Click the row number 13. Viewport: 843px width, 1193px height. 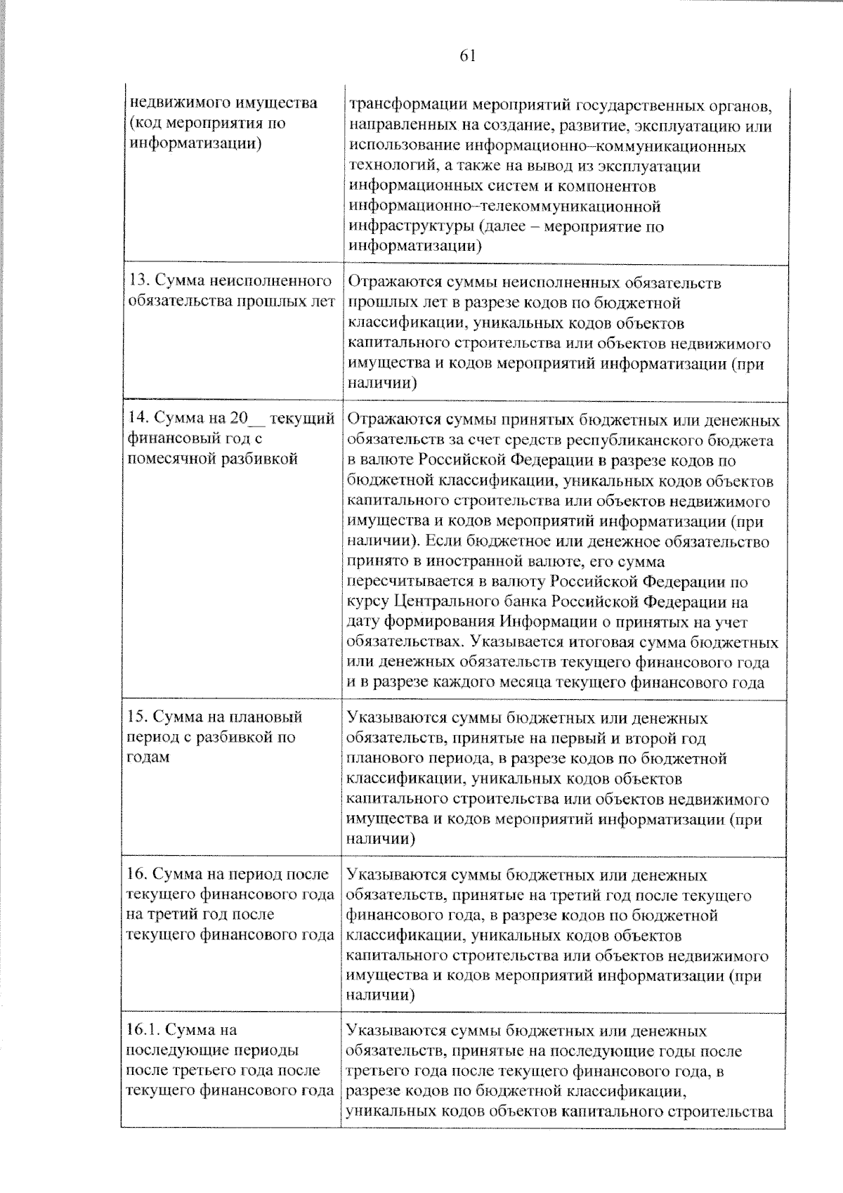point(138,282)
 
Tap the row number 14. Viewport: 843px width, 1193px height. point(138,419)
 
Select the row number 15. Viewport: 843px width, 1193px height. point(137,717)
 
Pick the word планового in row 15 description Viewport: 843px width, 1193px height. point(386,759)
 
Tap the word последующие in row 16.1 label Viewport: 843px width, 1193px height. point(174,1050)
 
